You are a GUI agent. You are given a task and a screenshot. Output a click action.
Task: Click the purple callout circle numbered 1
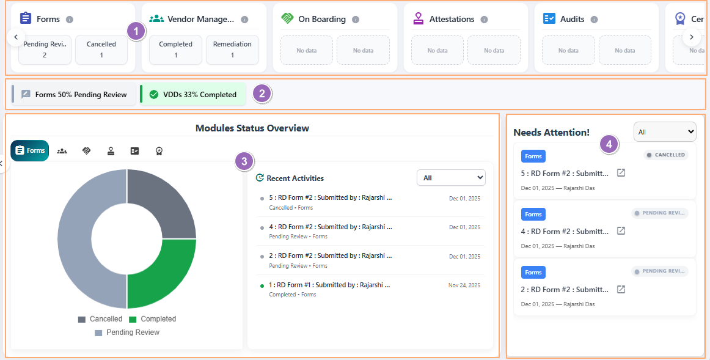136,31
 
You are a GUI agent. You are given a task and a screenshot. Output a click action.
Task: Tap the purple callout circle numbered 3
244,161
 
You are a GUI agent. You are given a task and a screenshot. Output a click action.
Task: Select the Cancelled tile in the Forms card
101,50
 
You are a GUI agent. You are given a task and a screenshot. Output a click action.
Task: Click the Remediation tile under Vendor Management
232,50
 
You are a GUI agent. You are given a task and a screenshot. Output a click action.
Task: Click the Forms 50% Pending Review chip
75,95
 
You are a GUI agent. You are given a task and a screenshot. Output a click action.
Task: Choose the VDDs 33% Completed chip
193,95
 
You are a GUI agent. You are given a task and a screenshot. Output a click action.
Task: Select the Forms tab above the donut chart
29,150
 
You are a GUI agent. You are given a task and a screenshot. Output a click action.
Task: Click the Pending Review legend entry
127,332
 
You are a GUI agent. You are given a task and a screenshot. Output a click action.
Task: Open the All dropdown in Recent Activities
451,178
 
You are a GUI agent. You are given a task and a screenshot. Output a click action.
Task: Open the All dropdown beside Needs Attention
665,131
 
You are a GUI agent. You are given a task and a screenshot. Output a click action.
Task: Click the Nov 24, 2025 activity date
464,285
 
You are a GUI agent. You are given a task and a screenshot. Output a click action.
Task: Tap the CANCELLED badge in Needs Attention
666,155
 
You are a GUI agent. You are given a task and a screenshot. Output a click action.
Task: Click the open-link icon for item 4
621,231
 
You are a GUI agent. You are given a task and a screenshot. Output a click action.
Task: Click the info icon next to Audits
594,20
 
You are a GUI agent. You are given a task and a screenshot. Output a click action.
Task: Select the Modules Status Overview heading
252,128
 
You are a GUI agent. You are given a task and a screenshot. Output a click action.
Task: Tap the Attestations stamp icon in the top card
419,19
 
